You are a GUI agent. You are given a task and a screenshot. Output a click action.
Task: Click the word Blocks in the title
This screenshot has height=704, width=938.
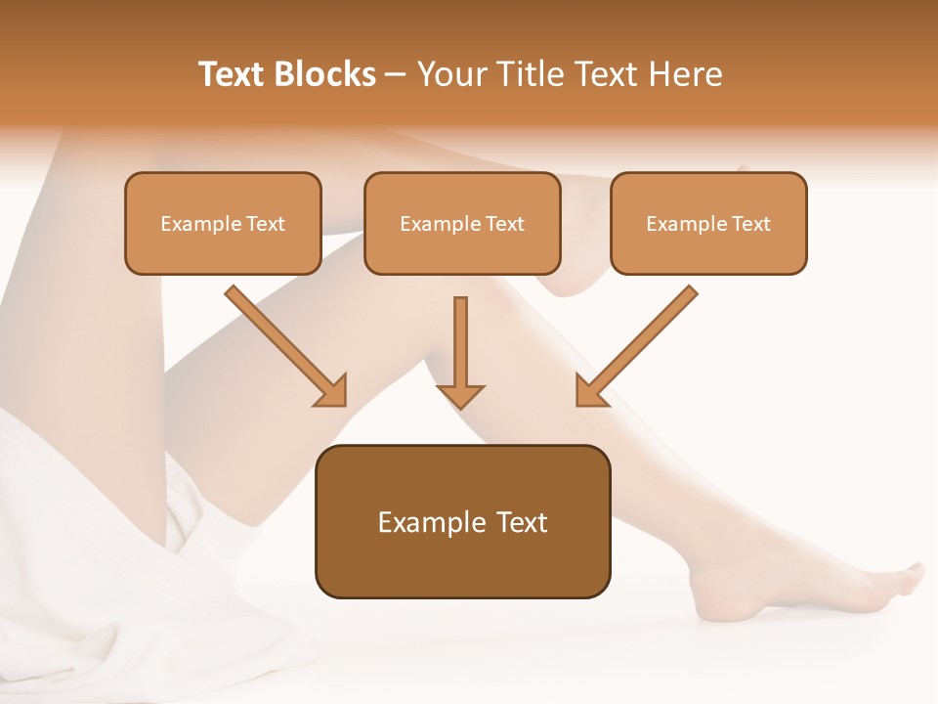(x=326, y=74)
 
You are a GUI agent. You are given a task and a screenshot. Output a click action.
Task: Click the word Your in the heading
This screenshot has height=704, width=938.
(x=450, y=74)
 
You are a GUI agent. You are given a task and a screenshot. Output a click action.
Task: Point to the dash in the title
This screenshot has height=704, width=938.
(x=396, y=75)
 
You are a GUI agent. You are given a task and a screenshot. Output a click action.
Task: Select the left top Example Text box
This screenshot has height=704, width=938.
(x=223, y=224)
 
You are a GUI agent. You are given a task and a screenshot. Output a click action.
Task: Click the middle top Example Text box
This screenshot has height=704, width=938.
(x=462, y=224)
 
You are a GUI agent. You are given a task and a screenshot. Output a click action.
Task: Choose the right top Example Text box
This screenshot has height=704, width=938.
(x=708, y=224)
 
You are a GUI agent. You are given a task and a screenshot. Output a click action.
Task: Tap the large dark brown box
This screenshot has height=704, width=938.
(x=462, y=521)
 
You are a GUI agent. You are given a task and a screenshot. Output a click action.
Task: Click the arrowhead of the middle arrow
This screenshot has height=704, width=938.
(x=460, y=395)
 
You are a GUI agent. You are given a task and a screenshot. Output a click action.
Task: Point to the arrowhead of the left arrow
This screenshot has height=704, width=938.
(x=333, y=392)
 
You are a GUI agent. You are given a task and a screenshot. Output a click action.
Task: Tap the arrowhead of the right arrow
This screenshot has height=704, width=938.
(x=589, y=392)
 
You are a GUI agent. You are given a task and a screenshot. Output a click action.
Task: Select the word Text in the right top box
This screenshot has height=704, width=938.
(x=750, y=224)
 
